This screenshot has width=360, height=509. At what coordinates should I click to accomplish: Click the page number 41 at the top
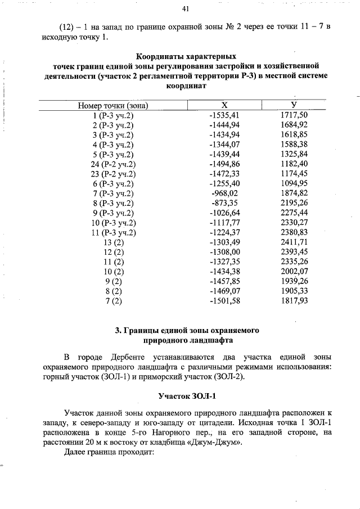click(186, 9)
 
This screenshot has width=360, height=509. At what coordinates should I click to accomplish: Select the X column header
click(224, 105)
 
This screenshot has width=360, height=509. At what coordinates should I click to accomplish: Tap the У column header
click(294, 105)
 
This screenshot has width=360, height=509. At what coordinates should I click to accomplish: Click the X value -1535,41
click(224, 115)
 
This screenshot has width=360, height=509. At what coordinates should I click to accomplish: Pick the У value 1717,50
click(294, 115)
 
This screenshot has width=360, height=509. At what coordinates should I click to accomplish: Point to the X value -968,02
click(224, 193)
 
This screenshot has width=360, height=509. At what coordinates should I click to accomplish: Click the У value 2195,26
click(294, 202)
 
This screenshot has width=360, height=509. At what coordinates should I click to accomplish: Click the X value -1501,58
click(224, 301)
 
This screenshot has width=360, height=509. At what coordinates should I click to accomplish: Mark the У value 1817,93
click(294, 301)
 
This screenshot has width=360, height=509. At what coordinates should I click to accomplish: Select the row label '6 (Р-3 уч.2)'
click(112, 183)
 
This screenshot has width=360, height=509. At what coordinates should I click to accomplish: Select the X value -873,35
click(224, 202)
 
